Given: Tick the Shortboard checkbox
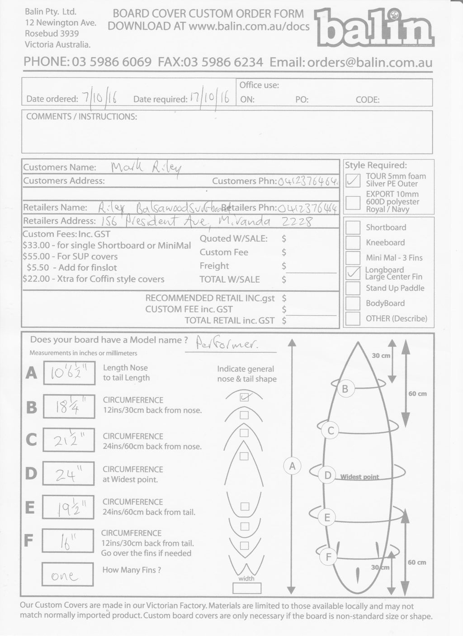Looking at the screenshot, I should point(353,228).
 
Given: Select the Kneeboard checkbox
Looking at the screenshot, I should point(353,243).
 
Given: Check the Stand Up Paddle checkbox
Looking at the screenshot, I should point(353,288).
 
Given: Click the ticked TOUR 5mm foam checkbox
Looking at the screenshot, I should point(353,180).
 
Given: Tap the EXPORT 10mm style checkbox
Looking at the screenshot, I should point(353,202).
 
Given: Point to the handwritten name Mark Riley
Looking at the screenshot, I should point(146,168).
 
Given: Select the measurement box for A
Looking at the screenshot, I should point(68,373).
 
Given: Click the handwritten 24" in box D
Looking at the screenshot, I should point(68,475).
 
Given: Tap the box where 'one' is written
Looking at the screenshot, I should point(67,574).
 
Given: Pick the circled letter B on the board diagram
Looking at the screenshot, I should point(345,389).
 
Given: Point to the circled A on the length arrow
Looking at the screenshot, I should point(292,465).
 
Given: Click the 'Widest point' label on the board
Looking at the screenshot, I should point(359,477).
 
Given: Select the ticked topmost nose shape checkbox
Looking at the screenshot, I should point(244,397).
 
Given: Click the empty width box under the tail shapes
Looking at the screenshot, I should point(247,588).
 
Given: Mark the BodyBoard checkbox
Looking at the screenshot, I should point(353,304).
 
